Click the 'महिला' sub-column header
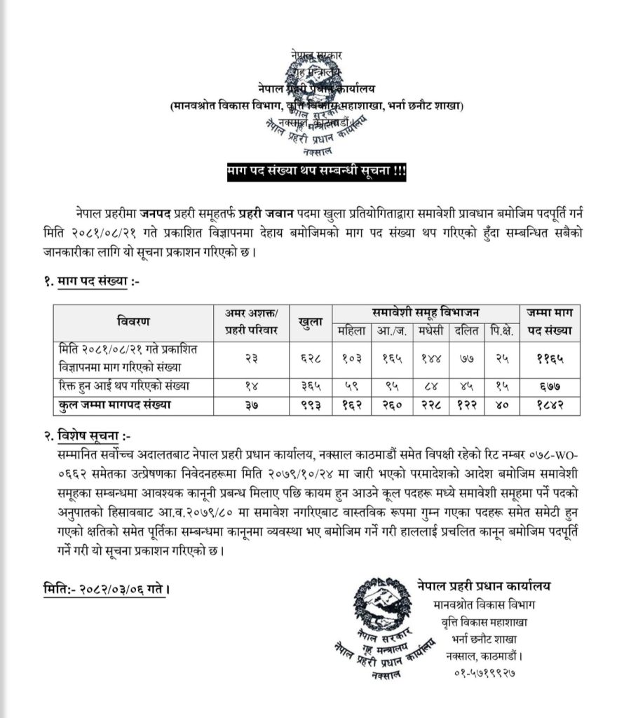tap(351, 330)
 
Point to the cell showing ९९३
tap(310, 405)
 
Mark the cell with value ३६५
tap(310, 386)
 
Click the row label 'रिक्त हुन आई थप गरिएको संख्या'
tap(123, 386)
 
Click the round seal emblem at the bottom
tap(382, 604)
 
